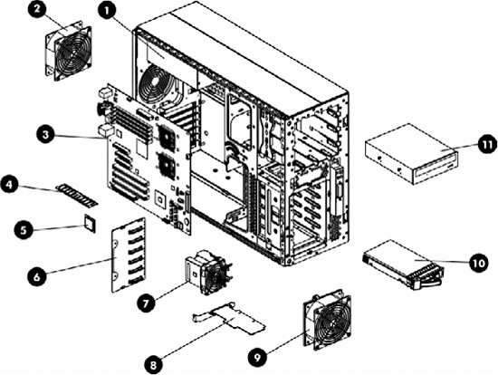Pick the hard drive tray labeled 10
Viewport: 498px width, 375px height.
point(404,267)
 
